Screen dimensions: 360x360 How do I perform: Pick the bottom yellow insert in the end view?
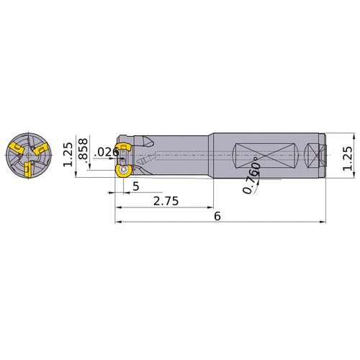click(26, 171)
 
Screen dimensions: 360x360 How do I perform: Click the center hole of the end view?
click(26, 155)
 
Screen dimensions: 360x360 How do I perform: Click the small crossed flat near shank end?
click(314, 155)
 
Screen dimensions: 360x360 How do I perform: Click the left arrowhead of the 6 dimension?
click(117, 222)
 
